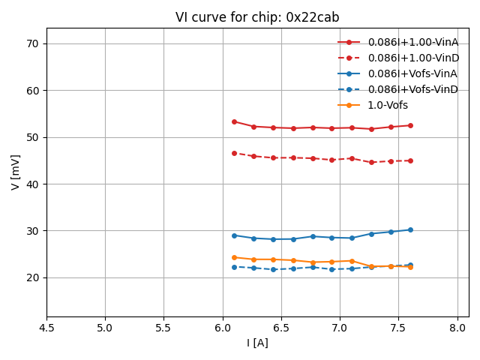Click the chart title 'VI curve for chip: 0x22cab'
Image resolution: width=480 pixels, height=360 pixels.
pyautogui.click(x=257, y=17)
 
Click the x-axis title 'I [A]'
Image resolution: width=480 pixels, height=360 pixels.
pyautogui.click(x=257, y=343)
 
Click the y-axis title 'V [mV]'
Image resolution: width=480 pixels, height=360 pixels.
pyautogui.click(x=16, y=172)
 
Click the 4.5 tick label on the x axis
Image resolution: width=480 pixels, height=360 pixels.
pyautogui.click(x=46, y=328)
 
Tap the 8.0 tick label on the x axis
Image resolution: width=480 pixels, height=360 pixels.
pyautogui.click(x=457, y=328)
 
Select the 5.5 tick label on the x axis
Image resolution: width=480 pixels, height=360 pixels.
pyautogui.click(x=163, y=328)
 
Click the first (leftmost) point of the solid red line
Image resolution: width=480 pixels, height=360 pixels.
pyautogui.click(x=234, y=121)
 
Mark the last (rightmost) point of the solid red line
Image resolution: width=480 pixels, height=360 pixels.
pyautogui.click(x=410, y=125)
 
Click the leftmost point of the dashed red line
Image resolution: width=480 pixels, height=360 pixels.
pyautogui.click(x=234, y=153)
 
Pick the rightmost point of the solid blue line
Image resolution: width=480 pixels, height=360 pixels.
pyautogui.click(x=410, y=229)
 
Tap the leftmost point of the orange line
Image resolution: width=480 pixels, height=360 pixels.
pyautogui.click(x=234, y=257)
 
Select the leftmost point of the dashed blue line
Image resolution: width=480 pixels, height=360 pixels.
pyautogui.click(x=234, y=267)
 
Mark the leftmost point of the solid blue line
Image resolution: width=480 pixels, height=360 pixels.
pyautogui.click(x=234, y=235)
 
